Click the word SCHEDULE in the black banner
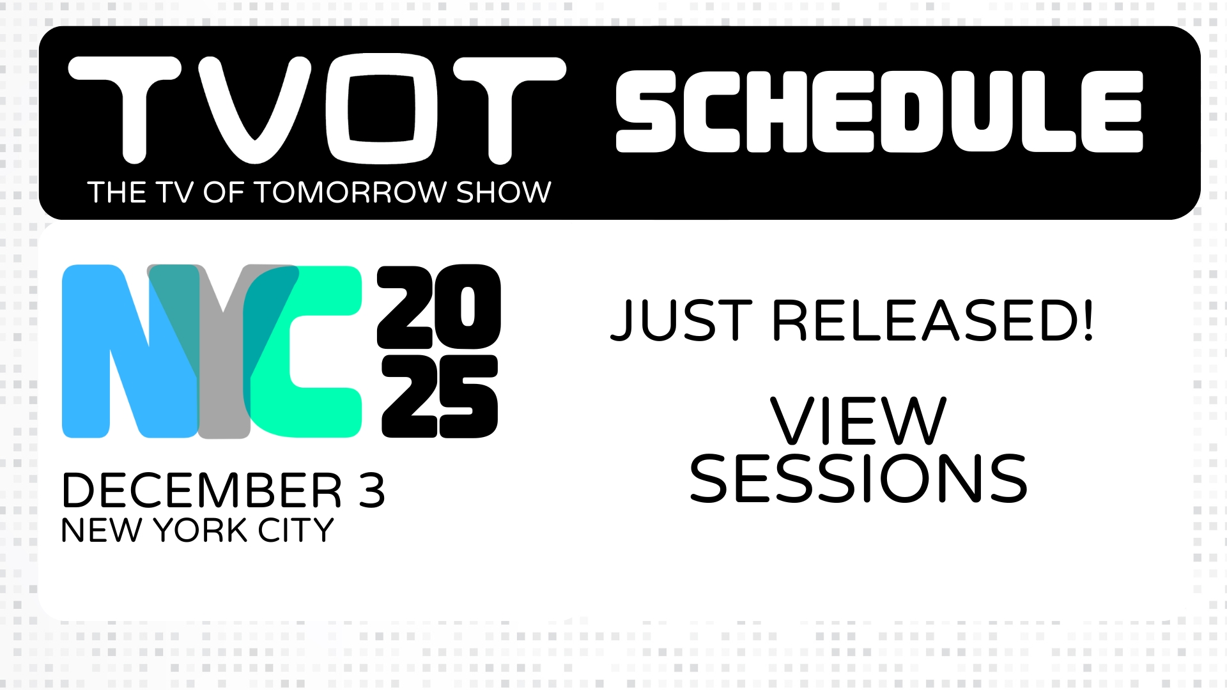tap(879, 112)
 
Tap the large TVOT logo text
tap(317, 109)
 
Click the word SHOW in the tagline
tap(504, 192)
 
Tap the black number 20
tap(438, 307)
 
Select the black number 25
tap(440, 397)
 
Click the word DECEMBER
tap(202, 491)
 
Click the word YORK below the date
tap(201, 530)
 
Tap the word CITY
tap(296, 530)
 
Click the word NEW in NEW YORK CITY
tap(102, 530)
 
